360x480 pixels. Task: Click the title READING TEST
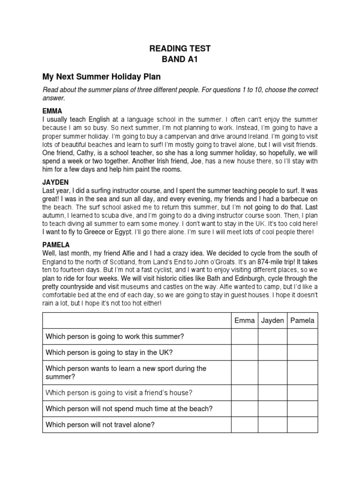point(180,49)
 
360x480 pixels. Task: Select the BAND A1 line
point(180,60)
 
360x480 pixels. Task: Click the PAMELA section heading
point(56,245)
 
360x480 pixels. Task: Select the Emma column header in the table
point(245,321)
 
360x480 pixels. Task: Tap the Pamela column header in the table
point(302,321)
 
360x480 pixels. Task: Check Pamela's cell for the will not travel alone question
point(302,425)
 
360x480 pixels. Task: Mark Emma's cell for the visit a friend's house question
point(245,392)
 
